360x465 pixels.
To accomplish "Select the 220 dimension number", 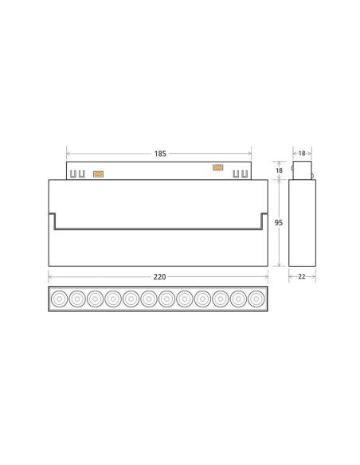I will coord(159,277).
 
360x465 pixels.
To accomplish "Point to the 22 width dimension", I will coord(302,276).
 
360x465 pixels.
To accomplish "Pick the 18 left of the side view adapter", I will coord(280,170).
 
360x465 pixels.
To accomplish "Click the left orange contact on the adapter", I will coord(99,172).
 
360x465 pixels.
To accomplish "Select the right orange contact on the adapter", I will coord(216,167).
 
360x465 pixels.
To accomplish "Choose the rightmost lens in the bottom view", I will coord(255,299).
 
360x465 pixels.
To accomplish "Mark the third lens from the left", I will coord(96,299).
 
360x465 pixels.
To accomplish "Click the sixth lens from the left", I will coord(149,299).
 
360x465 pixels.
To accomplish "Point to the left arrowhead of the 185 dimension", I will coord(68,151).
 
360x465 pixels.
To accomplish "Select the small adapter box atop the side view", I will coord(302,170).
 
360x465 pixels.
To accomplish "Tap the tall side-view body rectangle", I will coord(302,223).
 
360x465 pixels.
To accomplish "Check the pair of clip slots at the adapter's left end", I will coord(78,173).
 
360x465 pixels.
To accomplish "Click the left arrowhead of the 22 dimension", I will coord(289,276).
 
